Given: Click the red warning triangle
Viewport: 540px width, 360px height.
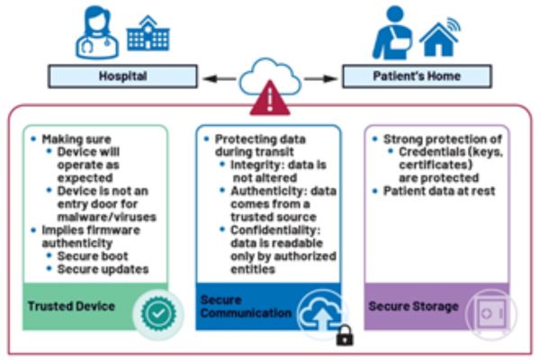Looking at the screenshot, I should pos(270,99).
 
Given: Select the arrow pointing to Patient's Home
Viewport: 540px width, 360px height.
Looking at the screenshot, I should pos(324,77).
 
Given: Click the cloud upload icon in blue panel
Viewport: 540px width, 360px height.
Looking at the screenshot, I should pos(321,312).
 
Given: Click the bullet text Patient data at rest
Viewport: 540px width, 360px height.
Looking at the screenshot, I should pos(440,192).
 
